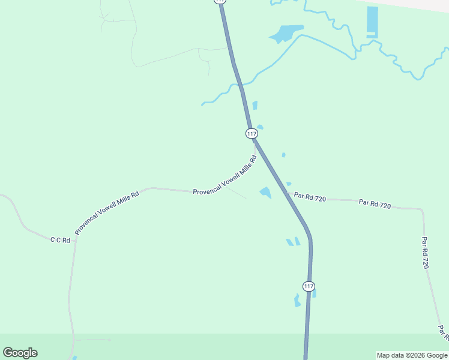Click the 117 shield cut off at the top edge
click(220, 2)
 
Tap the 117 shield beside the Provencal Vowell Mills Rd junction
click(252, 133)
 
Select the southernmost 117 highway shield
click(309, 286)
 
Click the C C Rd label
click(60, 240)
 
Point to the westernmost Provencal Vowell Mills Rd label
click(107, 212)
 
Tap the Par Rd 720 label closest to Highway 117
click(310, 197)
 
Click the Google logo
click(20, 353)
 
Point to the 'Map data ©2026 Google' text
click(412, 355)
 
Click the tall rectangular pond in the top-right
click(372, 22)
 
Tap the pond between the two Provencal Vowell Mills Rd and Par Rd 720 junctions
click(265, 192)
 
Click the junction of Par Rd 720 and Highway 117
click(286, 193)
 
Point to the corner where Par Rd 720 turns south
click(422, 211)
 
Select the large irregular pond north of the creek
click(284, 34)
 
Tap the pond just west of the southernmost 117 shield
click(297, 300)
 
